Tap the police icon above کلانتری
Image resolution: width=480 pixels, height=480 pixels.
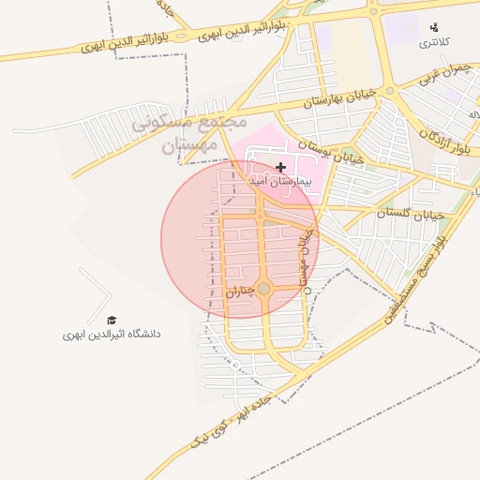[x=433, y=27]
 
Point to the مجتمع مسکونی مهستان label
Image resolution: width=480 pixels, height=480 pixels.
[x=188, y=133]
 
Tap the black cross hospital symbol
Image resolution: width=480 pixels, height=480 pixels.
[x=280, y=167]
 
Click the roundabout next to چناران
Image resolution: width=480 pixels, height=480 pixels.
[x=263, y=289]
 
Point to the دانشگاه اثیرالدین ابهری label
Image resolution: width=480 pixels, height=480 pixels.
[x=112, y=334]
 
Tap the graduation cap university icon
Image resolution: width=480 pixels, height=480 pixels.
[x=112, y=320]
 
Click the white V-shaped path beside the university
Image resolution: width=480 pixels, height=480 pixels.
[x=96, y=293]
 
